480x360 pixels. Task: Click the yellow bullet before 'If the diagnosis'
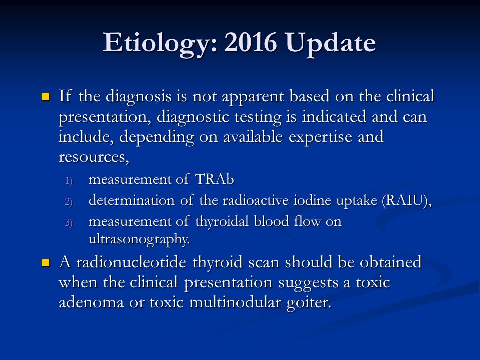tap(45, 97)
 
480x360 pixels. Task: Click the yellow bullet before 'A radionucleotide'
tap(45, 263)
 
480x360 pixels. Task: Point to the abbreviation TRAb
tap(215, 179)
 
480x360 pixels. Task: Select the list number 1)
tap(69, 181)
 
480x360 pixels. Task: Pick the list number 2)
tap(69, 202)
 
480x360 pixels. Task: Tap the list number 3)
tap(69, 223)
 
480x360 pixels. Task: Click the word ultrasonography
tap(139, 239)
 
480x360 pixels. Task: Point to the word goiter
tap(309, 303)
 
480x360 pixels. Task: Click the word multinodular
tap(235, 302)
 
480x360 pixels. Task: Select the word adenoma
tap(91, 303)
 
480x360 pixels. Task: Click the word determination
tap(132, 201)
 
